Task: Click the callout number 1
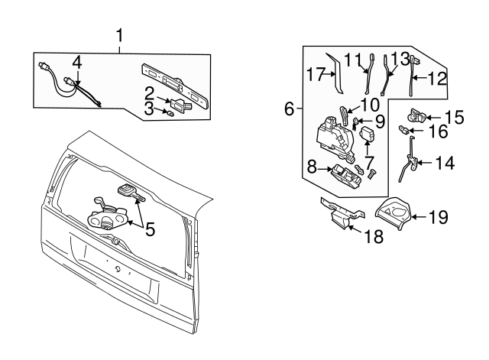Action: click(119, 36)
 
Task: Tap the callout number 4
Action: click(77, 63)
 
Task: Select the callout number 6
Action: click(290, 109)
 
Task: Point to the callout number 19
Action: click(439, 217)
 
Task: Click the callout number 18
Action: click(374, 236)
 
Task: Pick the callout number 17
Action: click(316, 74)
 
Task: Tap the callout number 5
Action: click(150, 229)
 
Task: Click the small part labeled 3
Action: click(170, 114)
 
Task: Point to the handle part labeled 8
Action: click(347, 177)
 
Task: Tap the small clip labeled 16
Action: click(403, 130)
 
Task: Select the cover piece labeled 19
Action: click(393, 213)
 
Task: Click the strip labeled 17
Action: click(335, 74)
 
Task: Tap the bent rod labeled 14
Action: click(408, 158)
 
